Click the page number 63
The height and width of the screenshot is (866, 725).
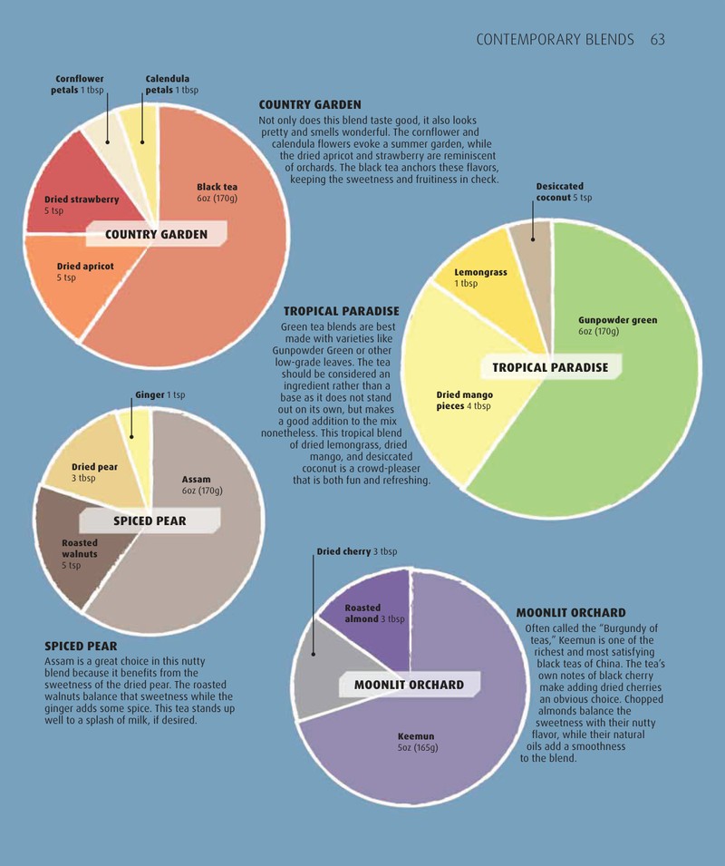pyautogui.click(x=658, y=40)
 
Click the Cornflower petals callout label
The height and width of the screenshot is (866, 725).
pyautogui.click(x=77, y=84)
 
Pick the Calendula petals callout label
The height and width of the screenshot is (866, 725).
pyautogui.click(x=171, y=84)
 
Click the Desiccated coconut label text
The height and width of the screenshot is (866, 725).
pyautogui.click(x=564, y=192)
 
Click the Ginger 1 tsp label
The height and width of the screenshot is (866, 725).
pyautogui.click(x=160, y=394)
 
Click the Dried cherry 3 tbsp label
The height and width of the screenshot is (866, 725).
pyautogui.click(x=356, y=551)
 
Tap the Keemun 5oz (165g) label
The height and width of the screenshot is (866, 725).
pyautogui.click(x=418, y=742)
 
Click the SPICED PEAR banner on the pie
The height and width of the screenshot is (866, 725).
pyautogui.click(x=150, y=521)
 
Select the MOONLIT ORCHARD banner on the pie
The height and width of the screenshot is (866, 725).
pyautogui.click(x=409, y=685)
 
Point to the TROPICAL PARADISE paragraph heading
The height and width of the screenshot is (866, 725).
pyautogui.click(x=341, y=311)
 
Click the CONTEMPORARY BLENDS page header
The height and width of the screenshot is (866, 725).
pyautogui.click(x=555, y=40)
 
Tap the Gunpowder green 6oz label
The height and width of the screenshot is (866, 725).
pyautogui.click(x=617, y=326)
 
